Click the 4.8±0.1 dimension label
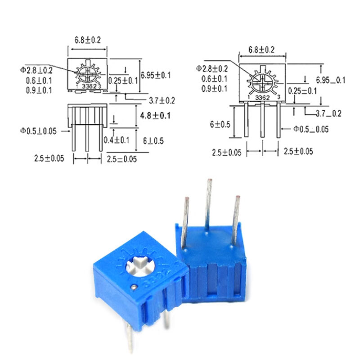[155, 116]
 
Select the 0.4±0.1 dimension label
[116, 140]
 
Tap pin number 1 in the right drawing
[249, 97]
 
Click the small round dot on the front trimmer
[134, 286]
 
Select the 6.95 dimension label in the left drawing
[155, 75]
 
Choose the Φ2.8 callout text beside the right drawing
[212, 68]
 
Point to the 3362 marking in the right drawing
[263, 97]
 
